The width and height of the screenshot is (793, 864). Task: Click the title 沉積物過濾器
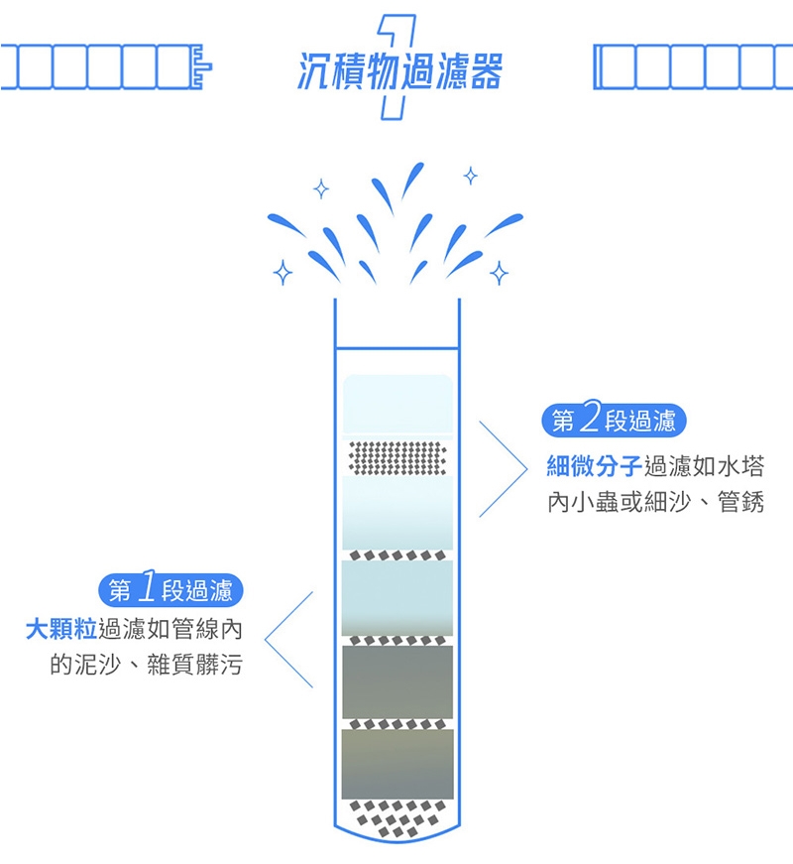400,70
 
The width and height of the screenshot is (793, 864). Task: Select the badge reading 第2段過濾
614,421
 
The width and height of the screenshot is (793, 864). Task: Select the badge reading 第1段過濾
170,591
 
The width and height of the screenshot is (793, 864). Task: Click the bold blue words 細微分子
594,464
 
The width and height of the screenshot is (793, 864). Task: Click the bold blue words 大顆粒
61,630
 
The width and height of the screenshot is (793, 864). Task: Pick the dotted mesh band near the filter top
397,457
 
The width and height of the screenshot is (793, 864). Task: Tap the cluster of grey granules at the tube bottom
397,815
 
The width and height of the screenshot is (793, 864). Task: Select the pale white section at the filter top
397,404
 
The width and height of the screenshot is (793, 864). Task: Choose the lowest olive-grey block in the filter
397,763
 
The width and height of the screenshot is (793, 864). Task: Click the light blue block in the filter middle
397,595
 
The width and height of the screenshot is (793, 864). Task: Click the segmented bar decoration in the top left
104,66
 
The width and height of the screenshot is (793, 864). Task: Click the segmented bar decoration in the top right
692,66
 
